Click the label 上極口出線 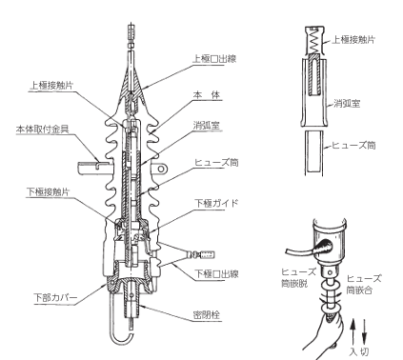(x=214, y=59)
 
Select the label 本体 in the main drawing (x=207, y=95)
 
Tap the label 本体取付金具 (x=43, y=130)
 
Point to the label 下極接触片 (x=48, y=192)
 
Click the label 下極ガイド (x=216, y=203)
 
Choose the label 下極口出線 (x=216, y=273)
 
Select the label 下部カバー (x=55, y=298)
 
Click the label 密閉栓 (x=206, y=315)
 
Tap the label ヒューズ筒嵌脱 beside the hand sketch (x=299, y=277)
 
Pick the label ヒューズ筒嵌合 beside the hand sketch (x=364, y=285)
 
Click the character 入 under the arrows (x=354, y=351)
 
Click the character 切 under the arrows (x=365, y=351)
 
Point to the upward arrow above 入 (x=353, y=332)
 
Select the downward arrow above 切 (x=364, y=332)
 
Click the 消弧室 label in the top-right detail (x=347, y=104)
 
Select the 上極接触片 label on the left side (x=51, y=86)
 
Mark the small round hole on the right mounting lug (x=161, y=169)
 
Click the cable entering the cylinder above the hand (x=305, y=250)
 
